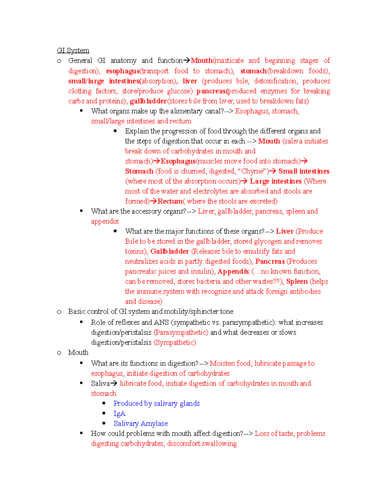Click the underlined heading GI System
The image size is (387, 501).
pos(73,50)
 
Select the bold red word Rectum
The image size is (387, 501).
pos(170,201)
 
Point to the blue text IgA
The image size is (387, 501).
pos(119,414)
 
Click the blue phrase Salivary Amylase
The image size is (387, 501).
pos(141,424)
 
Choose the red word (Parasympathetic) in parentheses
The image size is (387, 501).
pos(181,333)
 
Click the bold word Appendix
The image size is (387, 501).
pos(233,272)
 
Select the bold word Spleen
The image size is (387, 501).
pos(297,282)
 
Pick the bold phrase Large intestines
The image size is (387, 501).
pos(275,181)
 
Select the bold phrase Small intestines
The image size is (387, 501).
pos(304,171)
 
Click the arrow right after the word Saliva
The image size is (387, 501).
pos(114,384)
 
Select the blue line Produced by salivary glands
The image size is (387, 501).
pos(156,404)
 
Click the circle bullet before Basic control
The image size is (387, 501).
pos(59,312)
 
